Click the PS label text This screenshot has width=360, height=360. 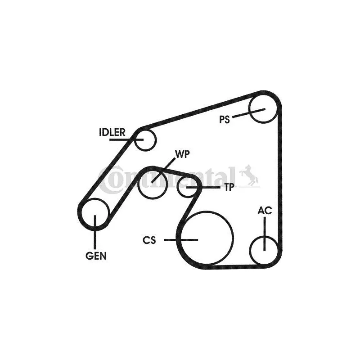(x=224, y=120)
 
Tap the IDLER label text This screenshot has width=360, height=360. (x=112, y=132)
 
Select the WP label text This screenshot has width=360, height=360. (x=182, y=154)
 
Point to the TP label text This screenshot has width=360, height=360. (x=229, y=187)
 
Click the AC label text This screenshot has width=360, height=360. (x=265, y=210)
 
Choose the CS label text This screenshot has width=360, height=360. (x=149, y=240)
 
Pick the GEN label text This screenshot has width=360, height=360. (x=96, y=256)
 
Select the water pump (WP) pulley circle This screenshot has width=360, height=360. (x=166, y=185)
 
